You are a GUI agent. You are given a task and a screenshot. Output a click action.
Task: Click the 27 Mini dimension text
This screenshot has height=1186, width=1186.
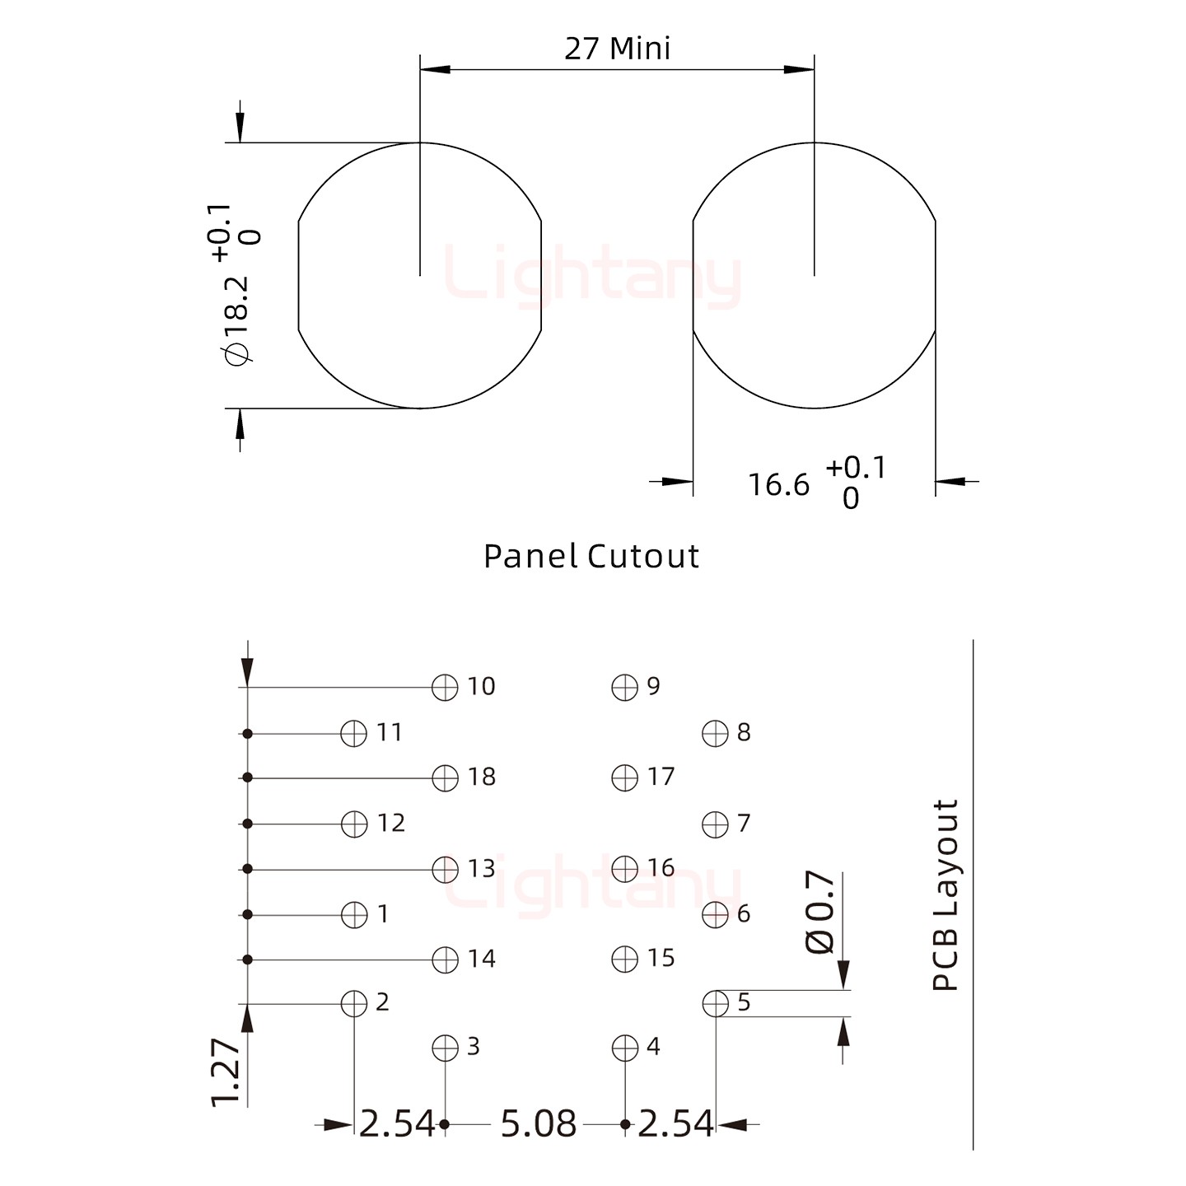[617, 49]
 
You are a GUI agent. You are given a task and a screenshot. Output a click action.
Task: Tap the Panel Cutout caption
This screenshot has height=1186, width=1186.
[591, 557]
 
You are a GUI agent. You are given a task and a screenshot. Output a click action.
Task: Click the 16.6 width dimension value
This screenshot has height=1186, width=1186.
[778, 485]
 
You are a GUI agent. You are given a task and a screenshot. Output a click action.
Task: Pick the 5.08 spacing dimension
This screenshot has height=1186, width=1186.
[539, 1123]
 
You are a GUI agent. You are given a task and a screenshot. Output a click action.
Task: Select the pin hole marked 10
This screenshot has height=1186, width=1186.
[445, 687]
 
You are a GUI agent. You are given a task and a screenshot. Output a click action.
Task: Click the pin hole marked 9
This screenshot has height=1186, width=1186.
[625, 687]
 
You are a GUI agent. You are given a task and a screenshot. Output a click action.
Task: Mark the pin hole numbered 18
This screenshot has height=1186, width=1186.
[445, 777]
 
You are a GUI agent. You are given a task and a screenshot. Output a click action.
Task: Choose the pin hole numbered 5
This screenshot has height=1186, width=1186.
[715, 1003]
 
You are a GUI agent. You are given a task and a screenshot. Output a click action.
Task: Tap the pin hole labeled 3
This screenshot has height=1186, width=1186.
[445, 1048]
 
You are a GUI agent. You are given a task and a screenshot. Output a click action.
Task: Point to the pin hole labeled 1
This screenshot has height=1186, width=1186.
[354, 914]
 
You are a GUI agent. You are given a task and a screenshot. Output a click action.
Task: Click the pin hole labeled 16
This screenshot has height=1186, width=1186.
[625, 868]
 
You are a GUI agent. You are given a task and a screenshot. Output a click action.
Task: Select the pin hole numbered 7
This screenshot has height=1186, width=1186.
[715, 824]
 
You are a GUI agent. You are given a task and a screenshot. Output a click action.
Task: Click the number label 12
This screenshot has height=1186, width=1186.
[391, 823]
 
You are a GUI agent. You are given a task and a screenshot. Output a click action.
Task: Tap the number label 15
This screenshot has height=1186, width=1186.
[661, 958]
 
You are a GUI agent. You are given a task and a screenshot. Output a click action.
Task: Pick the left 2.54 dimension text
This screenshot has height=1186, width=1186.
[396, 1123]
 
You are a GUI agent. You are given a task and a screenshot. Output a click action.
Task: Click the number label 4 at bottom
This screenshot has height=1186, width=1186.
[653, 1047]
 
